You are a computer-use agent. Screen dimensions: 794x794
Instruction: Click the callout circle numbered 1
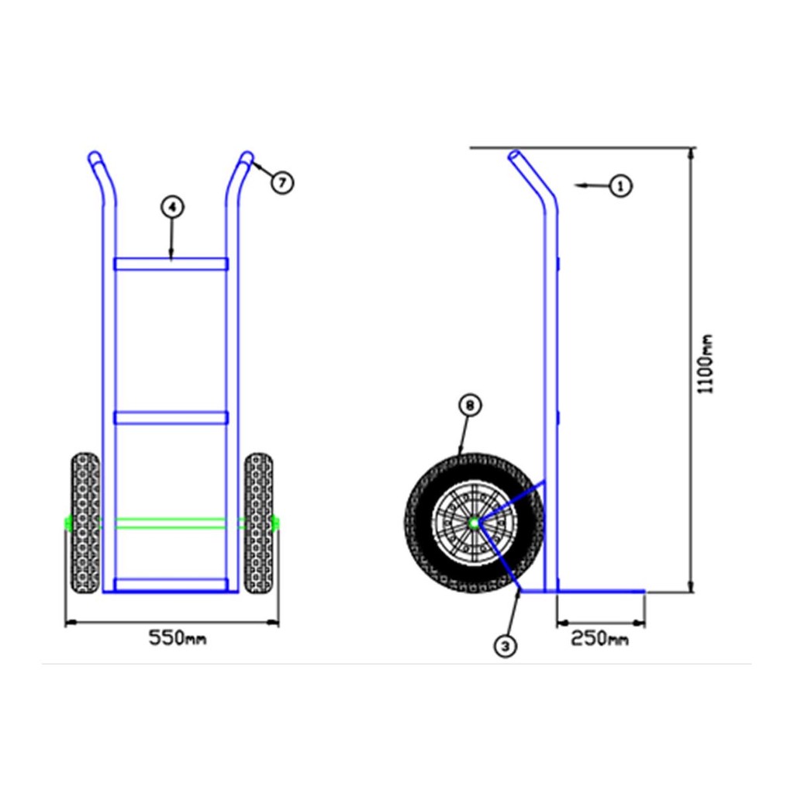point(620,186)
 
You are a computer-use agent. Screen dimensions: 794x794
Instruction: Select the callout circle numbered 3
point(506,646)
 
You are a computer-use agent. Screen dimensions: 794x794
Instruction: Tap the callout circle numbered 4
point(173,206)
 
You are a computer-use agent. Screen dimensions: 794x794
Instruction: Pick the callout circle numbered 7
point(282,182)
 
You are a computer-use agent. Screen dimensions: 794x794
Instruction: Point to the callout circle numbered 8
point(470,405)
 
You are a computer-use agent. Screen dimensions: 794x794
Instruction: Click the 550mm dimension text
point(178,638)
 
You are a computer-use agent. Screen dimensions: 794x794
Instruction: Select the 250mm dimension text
point(599,639)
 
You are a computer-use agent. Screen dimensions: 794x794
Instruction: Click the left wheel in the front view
point(85,523)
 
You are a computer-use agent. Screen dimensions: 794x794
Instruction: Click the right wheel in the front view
point(259,523)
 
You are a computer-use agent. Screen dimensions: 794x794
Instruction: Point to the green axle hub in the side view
point(474,523)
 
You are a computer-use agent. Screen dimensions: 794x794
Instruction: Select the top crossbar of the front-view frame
point(171,264)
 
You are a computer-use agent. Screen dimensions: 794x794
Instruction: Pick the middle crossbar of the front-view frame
point(171,418)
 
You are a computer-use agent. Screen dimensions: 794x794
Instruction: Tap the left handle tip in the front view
point(94,156)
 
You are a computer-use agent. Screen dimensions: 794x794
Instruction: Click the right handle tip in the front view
point(247,156)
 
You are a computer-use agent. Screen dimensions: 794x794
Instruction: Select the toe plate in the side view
point(582,591)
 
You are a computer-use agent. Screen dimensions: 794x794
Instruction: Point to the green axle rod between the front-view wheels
point(171,523)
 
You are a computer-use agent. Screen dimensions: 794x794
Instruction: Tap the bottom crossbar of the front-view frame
point(171,585)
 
